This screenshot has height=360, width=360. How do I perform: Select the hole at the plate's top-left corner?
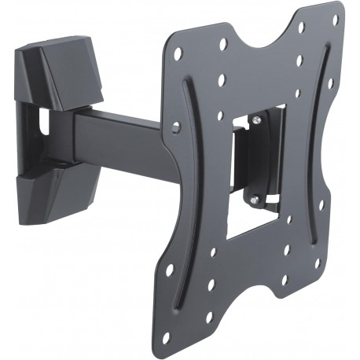click(178, 53)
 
